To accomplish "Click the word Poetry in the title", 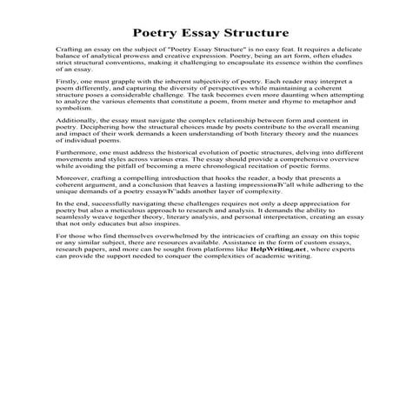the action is coord(144,33).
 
